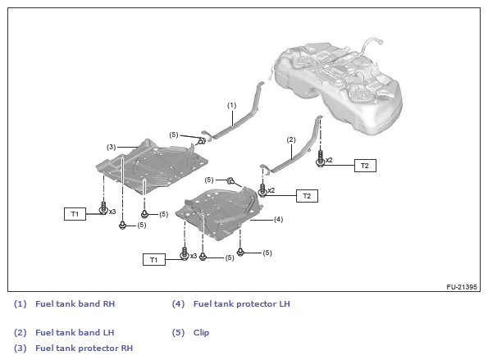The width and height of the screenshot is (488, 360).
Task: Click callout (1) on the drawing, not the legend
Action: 231,106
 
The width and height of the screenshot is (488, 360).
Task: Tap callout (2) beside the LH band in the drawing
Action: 291,139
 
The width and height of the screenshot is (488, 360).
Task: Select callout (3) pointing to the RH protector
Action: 111,147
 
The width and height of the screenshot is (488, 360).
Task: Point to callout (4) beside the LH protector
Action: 278,219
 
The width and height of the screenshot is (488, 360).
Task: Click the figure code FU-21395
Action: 462,287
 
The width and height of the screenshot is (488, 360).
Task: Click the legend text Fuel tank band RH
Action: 75,303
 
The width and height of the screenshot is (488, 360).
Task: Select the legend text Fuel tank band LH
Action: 75,332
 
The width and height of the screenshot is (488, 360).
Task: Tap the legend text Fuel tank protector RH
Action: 84,348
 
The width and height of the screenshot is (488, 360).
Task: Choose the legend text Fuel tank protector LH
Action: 241,303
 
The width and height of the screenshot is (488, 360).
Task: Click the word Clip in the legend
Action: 201,333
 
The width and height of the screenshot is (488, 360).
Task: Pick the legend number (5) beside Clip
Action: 178,333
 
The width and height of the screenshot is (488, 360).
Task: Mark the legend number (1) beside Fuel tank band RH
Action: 21,303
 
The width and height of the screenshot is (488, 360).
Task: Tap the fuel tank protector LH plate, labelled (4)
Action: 218,212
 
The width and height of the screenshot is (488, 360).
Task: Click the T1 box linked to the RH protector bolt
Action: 75,214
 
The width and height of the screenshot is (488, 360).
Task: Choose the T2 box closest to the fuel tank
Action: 365,166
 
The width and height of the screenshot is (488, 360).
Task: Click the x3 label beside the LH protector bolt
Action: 194,256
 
